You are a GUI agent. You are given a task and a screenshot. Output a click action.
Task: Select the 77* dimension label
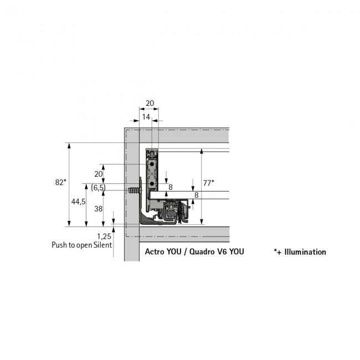coord(209,183)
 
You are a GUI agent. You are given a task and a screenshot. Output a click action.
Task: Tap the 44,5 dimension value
coord(78,202)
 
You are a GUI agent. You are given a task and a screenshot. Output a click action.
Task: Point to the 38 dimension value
coord(98,209)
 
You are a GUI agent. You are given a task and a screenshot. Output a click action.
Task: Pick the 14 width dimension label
coord(146,117)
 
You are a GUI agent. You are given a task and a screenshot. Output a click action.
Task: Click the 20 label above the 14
coord(150,103)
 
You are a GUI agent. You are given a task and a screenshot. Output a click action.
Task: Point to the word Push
coord(60,245)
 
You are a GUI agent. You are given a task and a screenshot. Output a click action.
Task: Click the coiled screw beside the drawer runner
coord(133,191)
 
